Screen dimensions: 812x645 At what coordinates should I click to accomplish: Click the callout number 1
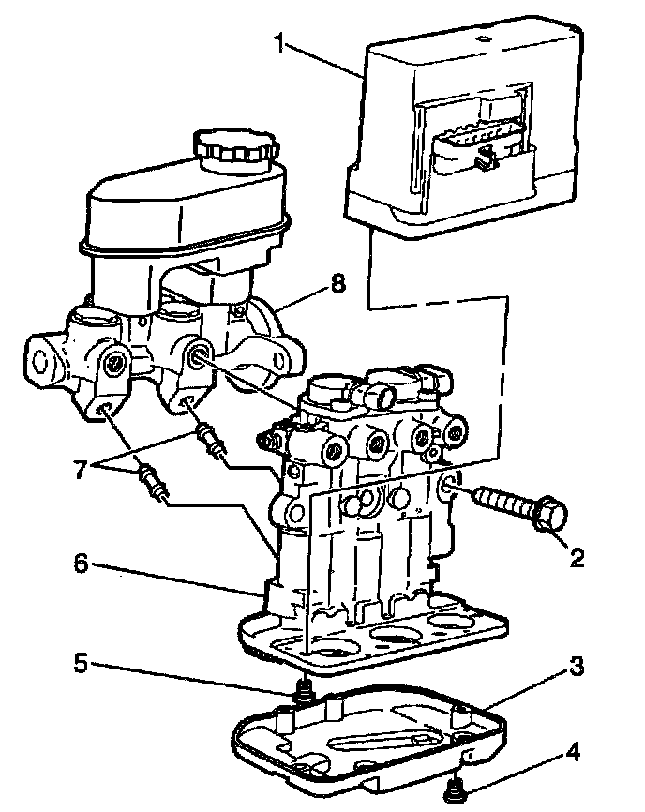point(278,41)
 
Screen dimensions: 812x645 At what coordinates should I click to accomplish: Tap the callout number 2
point(577,559)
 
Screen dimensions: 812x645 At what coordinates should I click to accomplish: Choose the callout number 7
point(82,466)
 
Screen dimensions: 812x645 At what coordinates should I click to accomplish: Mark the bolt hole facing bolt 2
point(448,484)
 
